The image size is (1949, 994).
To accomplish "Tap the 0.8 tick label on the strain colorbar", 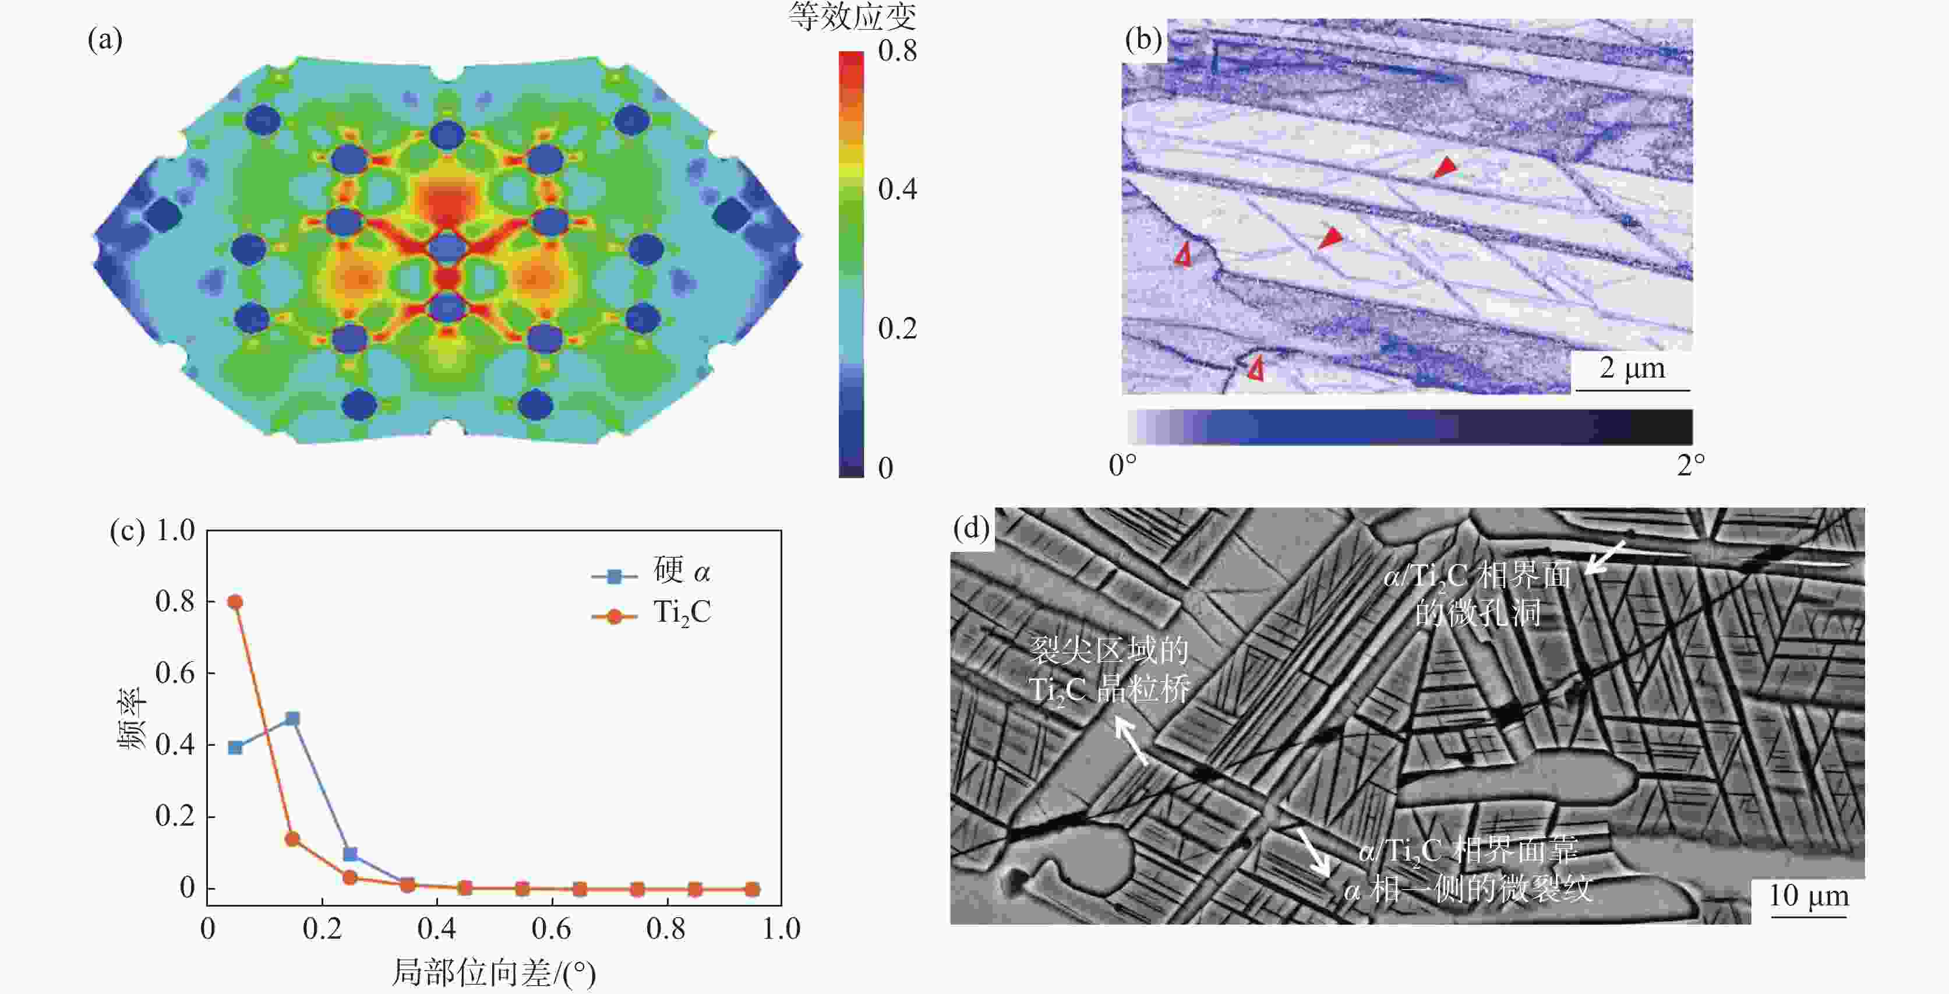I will pyautogui.click(x=898, y=51).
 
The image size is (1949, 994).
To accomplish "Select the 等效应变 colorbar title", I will pyautogui.click(x=852, y=17).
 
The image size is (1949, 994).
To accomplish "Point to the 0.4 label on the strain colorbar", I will pyautogui.click(x=898, y=189).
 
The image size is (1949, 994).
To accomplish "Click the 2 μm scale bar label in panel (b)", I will pyautogui.click(x=1632, y=369).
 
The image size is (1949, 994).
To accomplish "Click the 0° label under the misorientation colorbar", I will pyautogui.click(x=1122, y=465).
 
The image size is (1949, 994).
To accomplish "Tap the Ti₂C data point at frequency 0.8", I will pyautogui.click(x=235, y=602).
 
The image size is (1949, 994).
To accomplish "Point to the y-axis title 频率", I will pyautogui.click(x=131, y=718).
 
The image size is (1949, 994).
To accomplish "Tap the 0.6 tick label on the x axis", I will pyautogui.click(x=551, y=929).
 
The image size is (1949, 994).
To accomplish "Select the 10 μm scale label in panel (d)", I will pyautogui.click(x=1808, y=896).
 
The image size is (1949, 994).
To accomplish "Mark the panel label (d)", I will pyautogui.click(x=972, y=528).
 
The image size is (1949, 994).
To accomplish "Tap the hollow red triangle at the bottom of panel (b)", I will pyautogui.click(x=1256, y=369).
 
